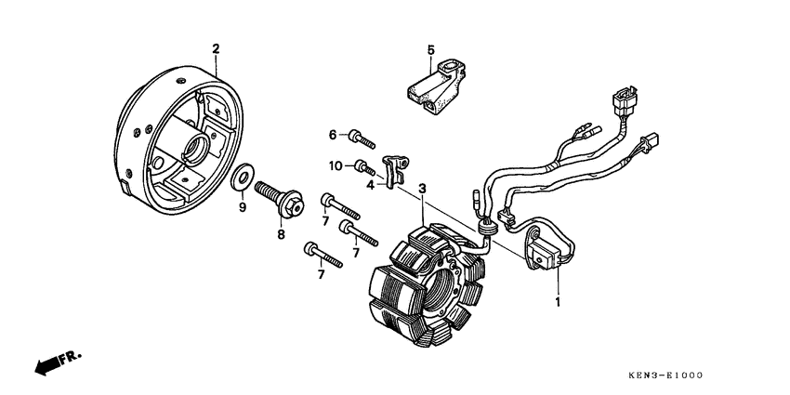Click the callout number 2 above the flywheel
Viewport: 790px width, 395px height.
click(216, 49)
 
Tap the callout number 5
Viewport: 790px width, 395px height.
click(430, 49)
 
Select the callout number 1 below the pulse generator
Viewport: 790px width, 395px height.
click(558, 302)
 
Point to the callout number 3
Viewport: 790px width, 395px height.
click(422, 189)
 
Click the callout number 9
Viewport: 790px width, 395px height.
click(243, 207)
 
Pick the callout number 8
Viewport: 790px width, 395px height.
click(281, 234)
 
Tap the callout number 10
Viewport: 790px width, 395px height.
click(336, 165)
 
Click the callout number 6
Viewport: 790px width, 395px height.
click(333, 135)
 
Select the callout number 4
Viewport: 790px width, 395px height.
click(370, 185)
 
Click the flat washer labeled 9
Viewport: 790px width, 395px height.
click(243, 178)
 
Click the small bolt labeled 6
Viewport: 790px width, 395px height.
click(362, 139)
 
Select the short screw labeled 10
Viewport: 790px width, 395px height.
click(365, 168)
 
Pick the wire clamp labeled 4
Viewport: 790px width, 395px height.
click(396, 170)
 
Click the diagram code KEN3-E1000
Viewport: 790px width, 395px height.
click(665, 375)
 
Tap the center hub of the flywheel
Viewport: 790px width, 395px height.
click(196, 147)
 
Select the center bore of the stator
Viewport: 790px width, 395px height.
click(438, 284)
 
